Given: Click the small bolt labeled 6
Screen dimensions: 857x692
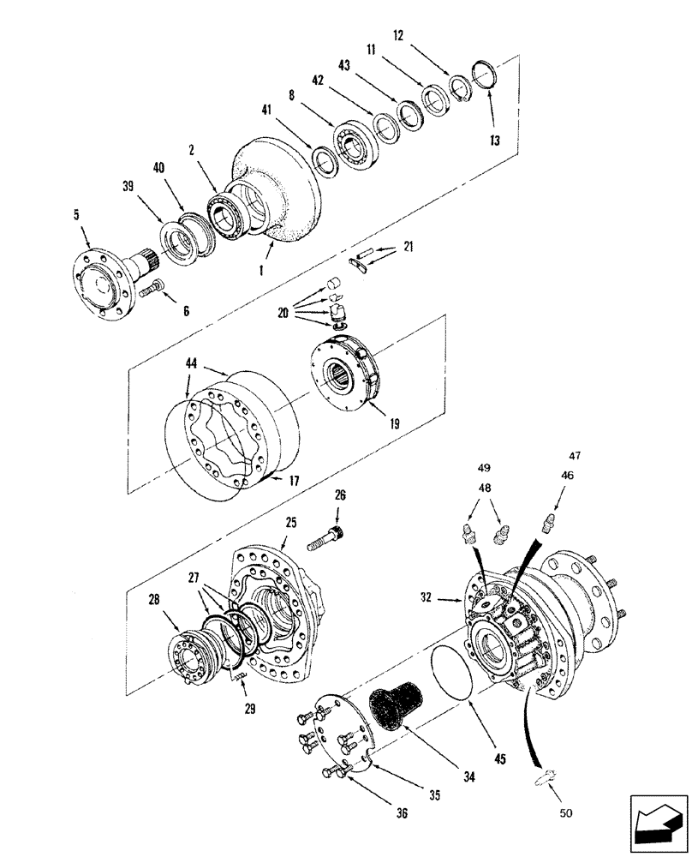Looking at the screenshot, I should (x=151, y=291).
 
